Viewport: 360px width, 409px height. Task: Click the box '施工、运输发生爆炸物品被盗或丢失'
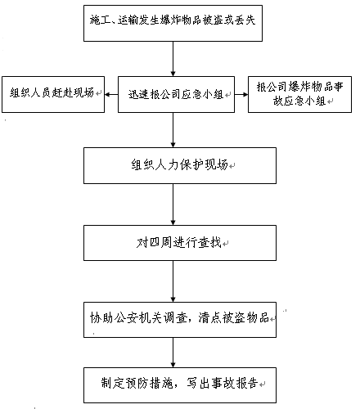(173, 23)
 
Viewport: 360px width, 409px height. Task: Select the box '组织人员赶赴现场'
(53, 94)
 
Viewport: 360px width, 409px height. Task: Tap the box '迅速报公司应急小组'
(176, 94)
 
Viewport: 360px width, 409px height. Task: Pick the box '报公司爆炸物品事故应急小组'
(299, 94)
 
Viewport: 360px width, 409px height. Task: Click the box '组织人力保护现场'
(180, 165)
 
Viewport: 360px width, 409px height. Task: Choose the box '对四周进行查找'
(180, 243)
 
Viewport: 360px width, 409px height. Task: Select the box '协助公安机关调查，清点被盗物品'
(180, 320)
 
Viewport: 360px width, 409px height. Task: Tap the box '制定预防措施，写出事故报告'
(180, 385)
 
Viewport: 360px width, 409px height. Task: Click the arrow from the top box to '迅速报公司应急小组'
(173, 59)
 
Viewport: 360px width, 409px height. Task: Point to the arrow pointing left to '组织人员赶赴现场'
(111, 95)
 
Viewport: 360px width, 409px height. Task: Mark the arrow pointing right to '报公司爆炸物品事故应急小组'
(241, 95)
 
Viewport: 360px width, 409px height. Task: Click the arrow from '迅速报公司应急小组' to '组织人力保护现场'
(173, 130)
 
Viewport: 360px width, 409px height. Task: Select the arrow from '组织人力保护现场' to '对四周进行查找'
(173, 204)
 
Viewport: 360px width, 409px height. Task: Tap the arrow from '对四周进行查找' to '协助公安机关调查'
(173, 281)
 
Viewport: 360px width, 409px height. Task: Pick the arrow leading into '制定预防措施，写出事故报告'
(173, 353)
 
